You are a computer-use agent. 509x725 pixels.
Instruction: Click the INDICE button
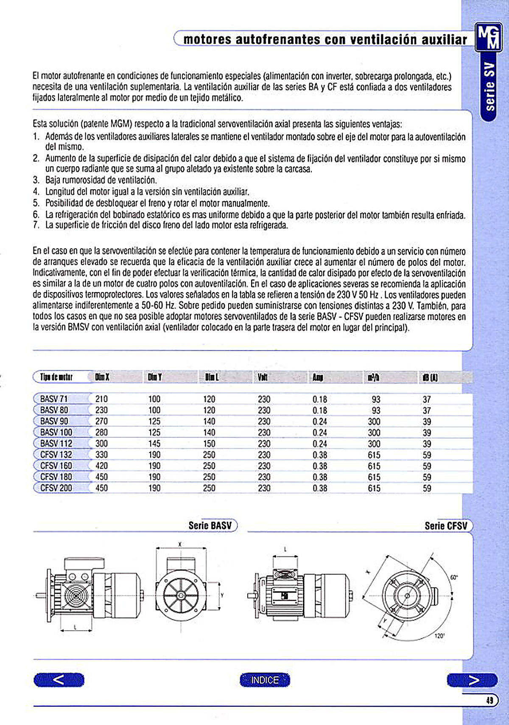coord(265,680)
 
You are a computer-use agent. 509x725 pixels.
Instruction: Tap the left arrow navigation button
coord(59,680)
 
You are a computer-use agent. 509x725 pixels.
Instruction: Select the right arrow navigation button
coord(472,680)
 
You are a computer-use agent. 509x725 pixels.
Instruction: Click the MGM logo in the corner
coord(488,37)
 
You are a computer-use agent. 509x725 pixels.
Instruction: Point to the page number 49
coord(490,700)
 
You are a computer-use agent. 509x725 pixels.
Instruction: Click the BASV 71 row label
coord(54,399)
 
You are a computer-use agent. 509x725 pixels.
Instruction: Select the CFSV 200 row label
coord(56,488)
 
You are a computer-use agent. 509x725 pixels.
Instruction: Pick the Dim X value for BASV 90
coord(101,422)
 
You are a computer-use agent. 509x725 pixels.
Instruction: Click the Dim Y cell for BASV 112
coord(154,444)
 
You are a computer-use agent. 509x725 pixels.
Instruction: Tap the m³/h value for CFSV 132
coord(374,455)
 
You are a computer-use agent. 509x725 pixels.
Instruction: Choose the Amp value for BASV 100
coord(320,433)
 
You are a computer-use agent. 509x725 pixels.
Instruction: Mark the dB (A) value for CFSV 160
coord(427,466)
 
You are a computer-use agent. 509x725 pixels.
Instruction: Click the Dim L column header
coord(212,377)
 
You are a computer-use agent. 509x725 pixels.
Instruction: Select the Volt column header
coord(263,377)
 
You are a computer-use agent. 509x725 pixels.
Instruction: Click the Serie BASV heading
coord(210,525)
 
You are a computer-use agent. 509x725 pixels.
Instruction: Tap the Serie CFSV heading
coord(446,526)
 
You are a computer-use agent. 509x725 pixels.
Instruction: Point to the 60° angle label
coord(454,577)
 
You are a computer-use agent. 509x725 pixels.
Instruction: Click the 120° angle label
coord(439,636)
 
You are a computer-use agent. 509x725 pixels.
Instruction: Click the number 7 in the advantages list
coord(36,225)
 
